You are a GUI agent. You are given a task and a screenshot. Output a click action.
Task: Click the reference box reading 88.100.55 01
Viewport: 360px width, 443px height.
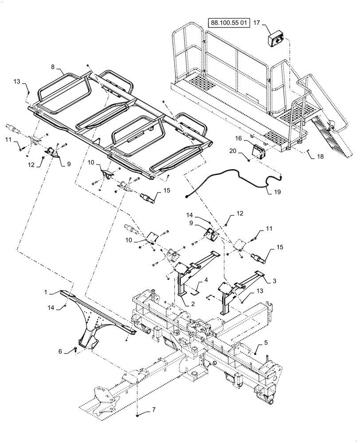tap(227, 22)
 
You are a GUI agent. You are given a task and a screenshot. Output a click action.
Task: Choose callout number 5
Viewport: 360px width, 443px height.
tap(266, 342)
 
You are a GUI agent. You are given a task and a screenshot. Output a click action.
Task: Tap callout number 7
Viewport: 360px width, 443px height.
tap(153, 409)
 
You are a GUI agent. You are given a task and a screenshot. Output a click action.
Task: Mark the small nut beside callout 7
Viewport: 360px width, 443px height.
tap(138, 414)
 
